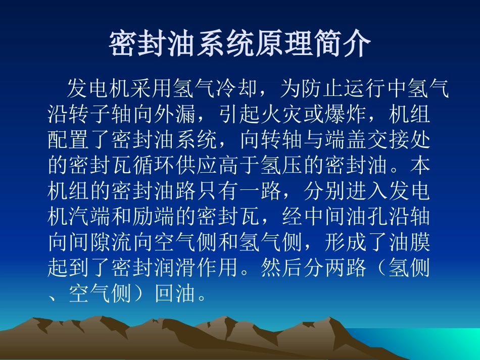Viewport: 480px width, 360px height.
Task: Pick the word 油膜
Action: click(408, 242)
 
